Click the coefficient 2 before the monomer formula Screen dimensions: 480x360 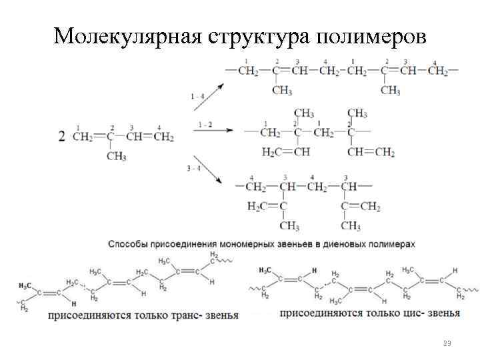point(62,137)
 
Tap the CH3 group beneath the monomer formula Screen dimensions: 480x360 point(116,157)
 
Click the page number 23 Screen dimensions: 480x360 point(447,343)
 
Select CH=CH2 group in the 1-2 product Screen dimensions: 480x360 point(371,153)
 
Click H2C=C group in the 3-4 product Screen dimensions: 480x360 point(266,206)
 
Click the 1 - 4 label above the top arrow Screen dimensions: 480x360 point(197,97)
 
